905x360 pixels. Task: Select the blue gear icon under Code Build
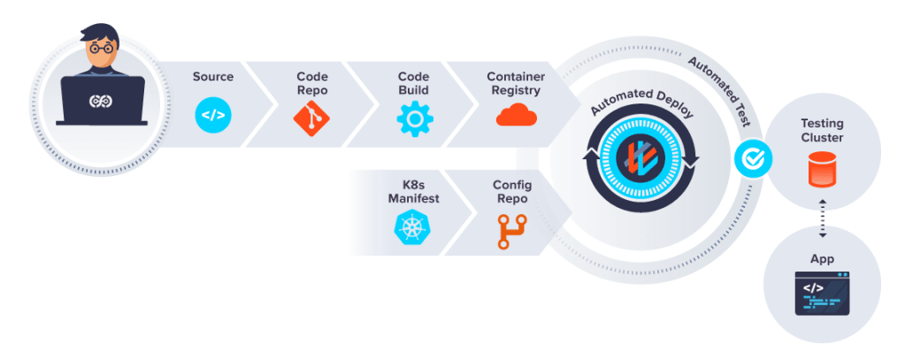click(x=413, y=117)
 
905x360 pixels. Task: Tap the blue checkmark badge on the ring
click(x=753, y=159)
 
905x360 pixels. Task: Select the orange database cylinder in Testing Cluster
click(x=822, y=168)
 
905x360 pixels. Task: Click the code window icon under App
click(x=822, y=295)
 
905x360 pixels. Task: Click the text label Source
click(x=213, y=77)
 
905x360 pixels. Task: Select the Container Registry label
click(x=516, y=83)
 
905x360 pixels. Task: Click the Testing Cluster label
click(x=822, y=131)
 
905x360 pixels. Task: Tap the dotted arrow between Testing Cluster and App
click(x=823, y=218)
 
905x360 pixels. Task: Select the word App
click(x=822, y=260)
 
